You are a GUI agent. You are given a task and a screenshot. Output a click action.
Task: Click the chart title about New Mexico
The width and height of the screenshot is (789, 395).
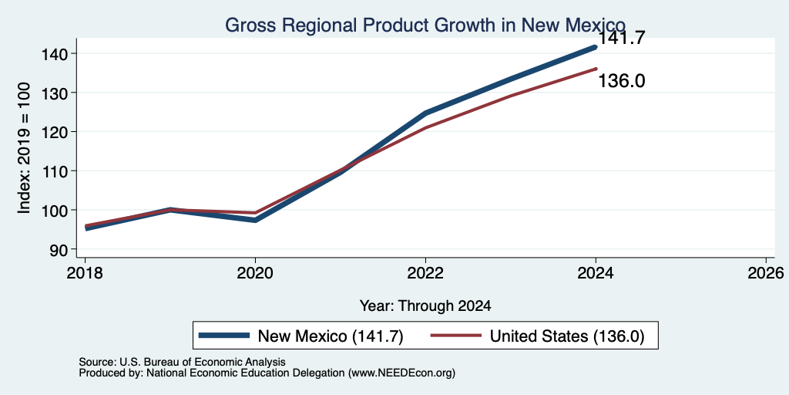tap(425, 25)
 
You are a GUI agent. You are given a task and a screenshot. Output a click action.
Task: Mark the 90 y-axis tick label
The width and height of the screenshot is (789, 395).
tap(55, 249)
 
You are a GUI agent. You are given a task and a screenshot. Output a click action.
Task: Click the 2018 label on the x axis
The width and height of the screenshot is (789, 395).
tap(85, 274)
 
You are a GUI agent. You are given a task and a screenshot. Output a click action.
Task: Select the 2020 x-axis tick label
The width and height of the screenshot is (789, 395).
tap(255, 274)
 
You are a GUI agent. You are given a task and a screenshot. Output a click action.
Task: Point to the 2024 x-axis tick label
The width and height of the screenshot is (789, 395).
tap(596, 274)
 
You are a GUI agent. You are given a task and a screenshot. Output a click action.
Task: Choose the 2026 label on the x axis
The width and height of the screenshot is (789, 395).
tap(766, 274)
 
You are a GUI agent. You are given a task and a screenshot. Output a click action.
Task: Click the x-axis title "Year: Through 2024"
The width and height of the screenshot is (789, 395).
tap(425, 306)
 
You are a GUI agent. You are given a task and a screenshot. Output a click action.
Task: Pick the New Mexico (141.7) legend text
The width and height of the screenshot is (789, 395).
tap(331, 336)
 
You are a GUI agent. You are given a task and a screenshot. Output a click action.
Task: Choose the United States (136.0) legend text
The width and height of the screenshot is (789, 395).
tap(567, 336)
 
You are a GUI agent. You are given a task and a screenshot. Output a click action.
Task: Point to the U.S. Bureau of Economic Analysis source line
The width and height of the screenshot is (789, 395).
tap(182, 363)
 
